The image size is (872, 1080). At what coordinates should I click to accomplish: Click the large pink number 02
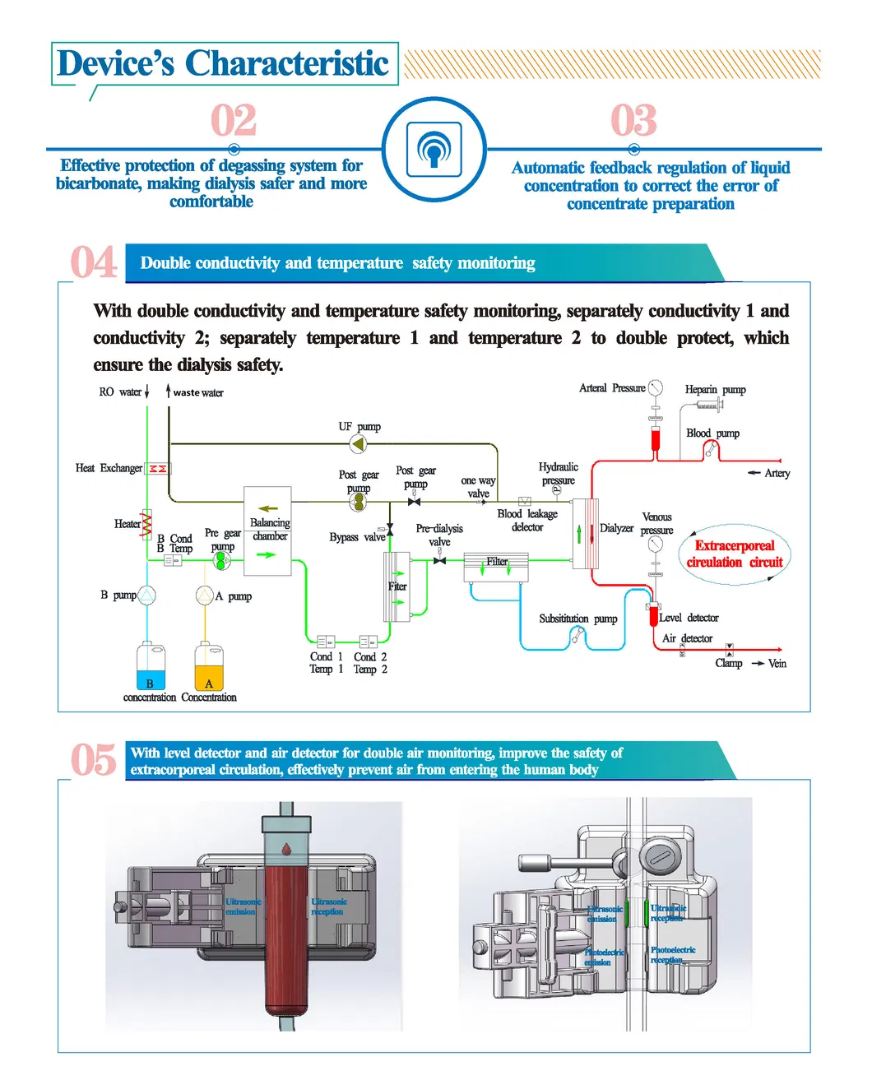click(x=234, y=121)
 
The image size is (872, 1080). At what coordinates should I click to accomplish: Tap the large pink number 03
click(x=633, y=121)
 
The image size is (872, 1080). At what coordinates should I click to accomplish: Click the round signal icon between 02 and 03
click(x=434, y=150)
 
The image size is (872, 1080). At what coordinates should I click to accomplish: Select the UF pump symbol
click(x=358, y=445)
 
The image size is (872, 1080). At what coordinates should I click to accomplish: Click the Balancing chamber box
click(x=267, y=531)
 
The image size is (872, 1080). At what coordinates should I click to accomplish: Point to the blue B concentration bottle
click(x=150, y=667)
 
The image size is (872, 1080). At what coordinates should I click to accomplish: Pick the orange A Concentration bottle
click(x=209, y=667)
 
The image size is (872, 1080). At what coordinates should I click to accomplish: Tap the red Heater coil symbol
click(x=146, y=522)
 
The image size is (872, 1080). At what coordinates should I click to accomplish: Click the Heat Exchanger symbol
click(x=157, y=468)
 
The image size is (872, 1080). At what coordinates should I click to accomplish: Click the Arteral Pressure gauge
click(x=655, y=388)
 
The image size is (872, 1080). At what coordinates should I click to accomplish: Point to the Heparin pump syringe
click(x=709, y=404)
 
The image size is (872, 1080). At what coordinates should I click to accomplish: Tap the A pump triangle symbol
click(x=205, y=595)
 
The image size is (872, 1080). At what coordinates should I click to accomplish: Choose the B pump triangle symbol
click(x=146, y=595)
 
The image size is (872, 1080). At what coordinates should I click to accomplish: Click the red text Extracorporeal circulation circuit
click(x=735, y=554)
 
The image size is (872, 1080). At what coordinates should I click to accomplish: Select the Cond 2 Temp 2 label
click(x=370, y=663)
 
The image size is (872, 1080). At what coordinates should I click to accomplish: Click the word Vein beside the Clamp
click(x=777, y=663)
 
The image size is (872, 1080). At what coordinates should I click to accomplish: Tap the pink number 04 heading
click(x=93, y=263)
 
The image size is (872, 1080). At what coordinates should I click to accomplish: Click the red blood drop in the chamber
click(x=286, y=848)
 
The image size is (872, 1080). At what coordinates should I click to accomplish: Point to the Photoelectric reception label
click(x=672, y=954)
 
